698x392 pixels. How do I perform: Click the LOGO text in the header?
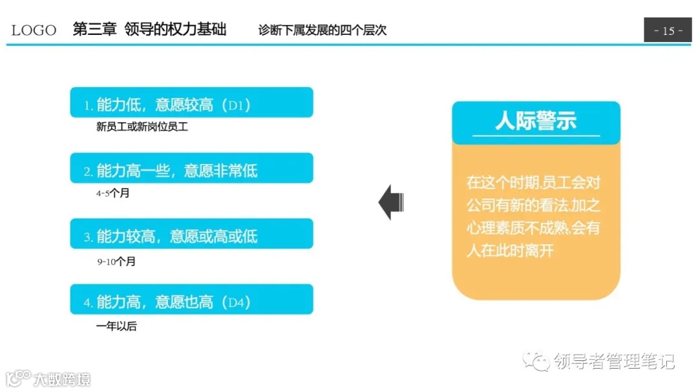coord(34,30)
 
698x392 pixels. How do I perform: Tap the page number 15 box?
coord(668,30)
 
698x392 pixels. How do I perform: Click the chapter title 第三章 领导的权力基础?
coord(149,30)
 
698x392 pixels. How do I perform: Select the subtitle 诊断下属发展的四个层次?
coord(322,30)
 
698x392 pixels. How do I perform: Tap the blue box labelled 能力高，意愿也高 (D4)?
coord(191,300)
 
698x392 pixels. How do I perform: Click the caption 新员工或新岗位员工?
coord(142,127)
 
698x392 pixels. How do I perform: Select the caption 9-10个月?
coord(116,262)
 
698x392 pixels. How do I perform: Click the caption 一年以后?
coord(116,326)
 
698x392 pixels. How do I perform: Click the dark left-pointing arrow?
coord(391,202)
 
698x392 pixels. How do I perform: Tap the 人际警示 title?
coord(536,121)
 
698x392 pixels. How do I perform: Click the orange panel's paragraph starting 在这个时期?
coord(534,216)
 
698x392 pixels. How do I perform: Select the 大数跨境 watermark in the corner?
coord(62,378)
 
